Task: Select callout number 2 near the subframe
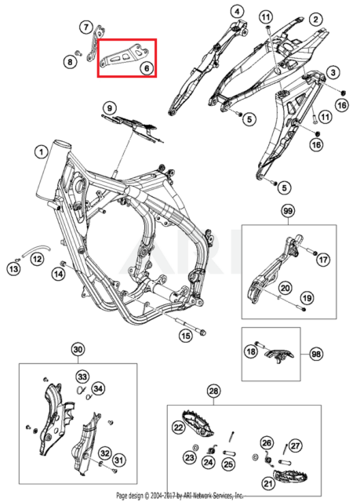[x=315, y=19]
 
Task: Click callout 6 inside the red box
[x=146, y=68]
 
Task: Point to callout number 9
[x=110, y=107]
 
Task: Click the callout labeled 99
[x=287, y=212]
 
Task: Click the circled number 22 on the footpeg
[x=178, y=427]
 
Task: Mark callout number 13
[x=13, y=269]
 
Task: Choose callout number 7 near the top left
[x=86, y=27]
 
